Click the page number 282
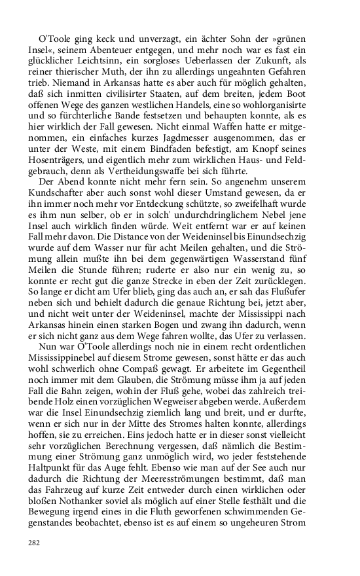[x=34, y=543]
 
